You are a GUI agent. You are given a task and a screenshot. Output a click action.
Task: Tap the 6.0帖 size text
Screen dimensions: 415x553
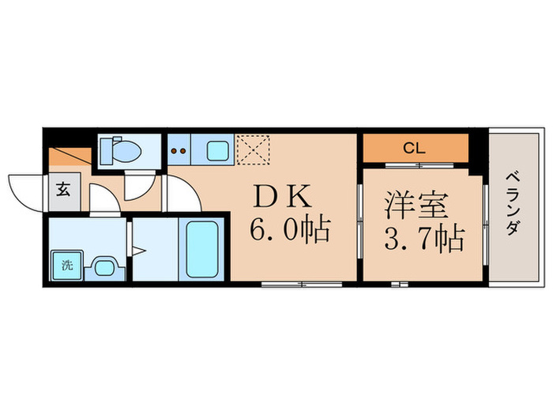(x=288, y=230)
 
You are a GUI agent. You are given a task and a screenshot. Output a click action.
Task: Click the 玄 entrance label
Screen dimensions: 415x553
(x=62, y=189)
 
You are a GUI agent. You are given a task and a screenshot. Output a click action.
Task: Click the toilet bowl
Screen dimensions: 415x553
(x=126, y=148)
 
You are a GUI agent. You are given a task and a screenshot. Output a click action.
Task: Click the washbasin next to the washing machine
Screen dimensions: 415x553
(x=103, y=265)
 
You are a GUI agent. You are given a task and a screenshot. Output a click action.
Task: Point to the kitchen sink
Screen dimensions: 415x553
(x=216, y=148)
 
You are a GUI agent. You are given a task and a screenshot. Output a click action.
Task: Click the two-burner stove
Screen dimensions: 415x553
(x=179, y=149)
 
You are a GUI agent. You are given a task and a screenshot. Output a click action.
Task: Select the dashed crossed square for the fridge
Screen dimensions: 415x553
(x=254, y=148)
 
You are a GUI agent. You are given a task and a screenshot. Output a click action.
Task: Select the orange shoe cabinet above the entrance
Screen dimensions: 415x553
(x=63, y=157)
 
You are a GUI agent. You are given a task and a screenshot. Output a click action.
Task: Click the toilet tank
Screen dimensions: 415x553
(x=107, y=148)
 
